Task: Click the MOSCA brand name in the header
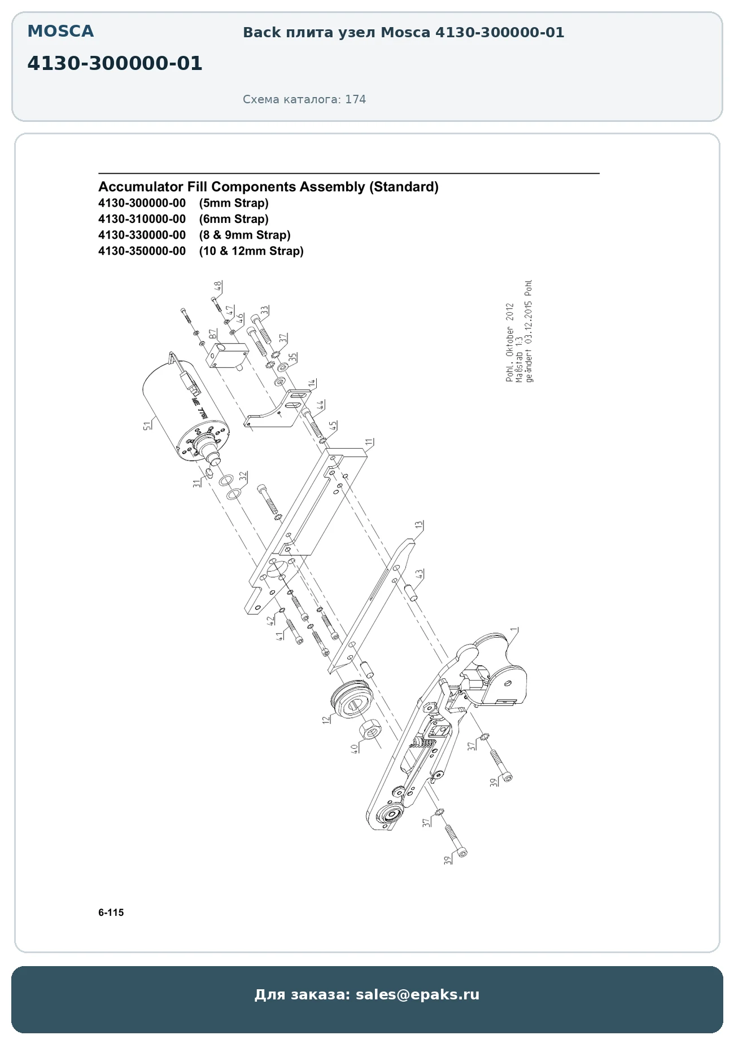(x=60, y=32)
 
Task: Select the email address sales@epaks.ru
(x=417, y=994)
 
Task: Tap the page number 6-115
(x=111, y=913)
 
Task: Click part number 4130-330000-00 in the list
(x=142, y=235)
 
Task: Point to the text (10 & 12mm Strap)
(x=251, y=251)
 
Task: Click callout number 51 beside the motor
(x=147, y=425)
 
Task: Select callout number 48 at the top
(x=218, y=286)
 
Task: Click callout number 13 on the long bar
(x=418, y=525)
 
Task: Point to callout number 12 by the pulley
(x=326, y=720)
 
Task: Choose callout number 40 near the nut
(x=354, y=748)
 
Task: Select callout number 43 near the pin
(x=420, y=574)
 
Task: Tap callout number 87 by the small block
(x=212, y=334)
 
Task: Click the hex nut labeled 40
(x=370, y=729)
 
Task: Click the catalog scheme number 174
(x=356, y=99)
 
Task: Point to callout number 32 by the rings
(x=243, y=477)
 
